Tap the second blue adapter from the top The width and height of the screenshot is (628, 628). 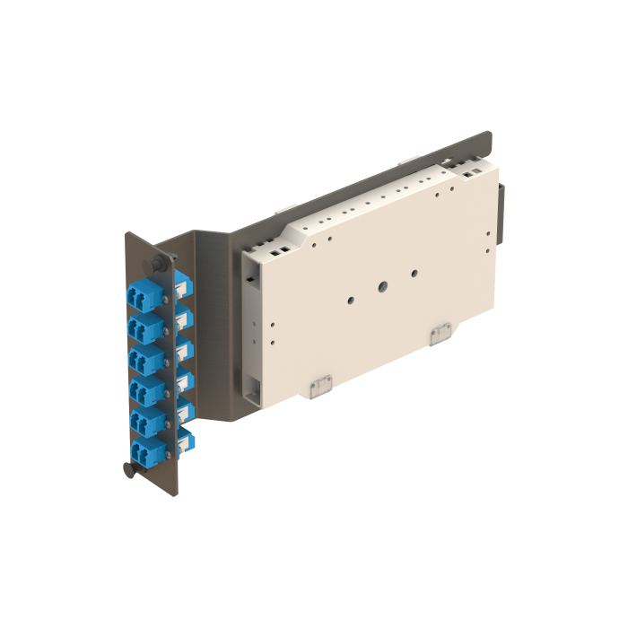pos(144,325)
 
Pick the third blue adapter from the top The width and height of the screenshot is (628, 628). pos(144,357)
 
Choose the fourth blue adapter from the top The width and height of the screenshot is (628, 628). pos(144,388)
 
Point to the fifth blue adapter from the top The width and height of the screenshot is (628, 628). pos(144,420)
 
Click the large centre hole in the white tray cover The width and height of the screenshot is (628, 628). pos(382,288)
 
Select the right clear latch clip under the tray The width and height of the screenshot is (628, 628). pos(440,334)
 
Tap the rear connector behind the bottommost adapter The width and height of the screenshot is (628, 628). pos(187,440)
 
